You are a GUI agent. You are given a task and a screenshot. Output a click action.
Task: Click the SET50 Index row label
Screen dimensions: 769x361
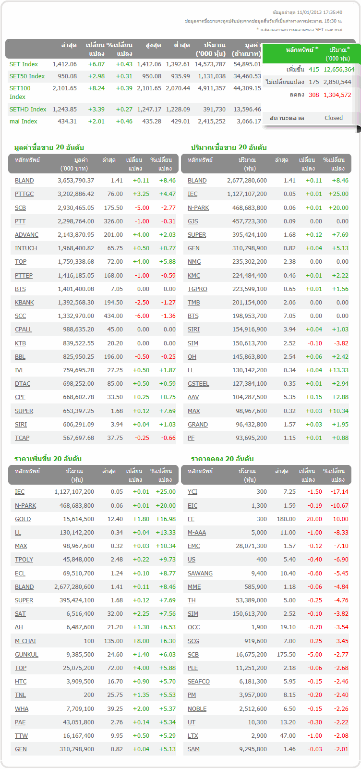pos(27,76)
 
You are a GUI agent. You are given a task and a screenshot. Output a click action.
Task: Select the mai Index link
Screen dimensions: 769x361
pos(23,121)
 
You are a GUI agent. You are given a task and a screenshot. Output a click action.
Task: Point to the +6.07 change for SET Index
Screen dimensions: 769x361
pos(96,64)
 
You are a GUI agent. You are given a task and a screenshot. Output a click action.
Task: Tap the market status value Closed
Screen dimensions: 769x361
pos(333,118)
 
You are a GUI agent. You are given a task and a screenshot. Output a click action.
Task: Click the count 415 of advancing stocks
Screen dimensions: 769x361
pos(313,69)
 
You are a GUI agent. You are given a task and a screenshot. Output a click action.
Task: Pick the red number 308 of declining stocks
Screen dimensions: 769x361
pos(313,95)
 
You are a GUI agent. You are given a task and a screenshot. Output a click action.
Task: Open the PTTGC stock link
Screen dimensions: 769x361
pos(24,194)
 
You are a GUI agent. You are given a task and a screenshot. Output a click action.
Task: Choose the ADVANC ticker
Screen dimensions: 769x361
pos(26,235)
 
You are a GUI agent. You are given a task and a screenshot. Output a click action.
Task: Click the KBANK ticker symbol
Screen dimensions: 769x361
pos(24,303)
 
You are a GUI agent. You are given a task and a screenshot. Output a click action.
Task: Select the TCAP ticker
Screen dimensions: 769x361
pos(22,438)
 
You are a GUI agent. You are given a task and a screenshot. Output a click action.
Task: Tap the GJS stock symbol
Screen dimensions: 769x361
pos(193,221)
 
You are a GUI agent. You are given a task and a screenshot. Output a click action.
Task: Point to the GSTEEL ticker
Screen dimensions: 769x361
pos(198,384)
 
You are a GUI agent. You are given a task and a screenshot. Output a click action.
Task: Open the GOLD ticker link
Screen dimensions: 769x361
pos(23,519)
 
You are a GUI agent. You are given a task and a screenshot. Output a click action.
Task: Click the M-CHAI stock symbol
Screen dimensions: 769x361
pos(25,641)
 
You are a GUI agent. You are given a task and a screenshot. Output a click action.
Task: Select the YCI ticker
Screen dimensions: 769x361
pos(193,492)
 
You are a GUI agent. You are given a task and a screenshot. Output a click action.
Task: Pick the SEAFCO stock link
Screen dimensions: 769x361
pos(198,682)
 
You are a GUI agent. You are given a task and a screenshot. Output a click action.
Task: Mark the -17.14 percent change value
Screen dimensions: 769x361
pos(339,492)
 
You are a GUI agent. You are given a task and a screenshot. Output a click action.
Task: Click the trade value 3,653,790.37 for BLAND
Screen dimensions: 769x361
pos(76,181)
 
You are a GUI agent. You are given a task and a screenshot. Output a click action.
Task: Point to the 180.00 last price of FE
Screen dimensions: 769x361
pos(286,519)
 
